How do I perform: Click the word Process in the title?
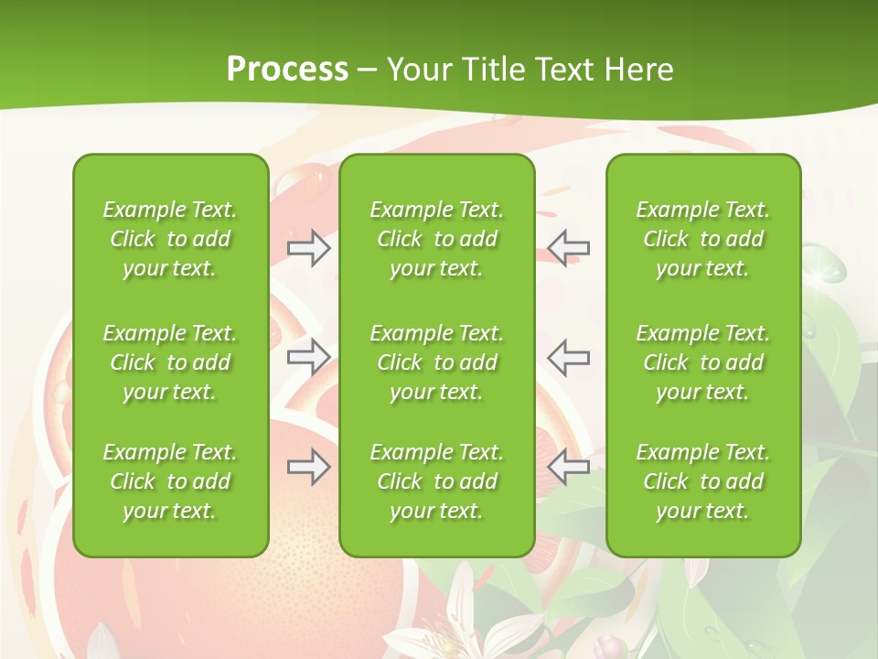click(x=287, y=70)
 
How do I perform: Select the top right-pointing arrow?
click(x=309, y=248)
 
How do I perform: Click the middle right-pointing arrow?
click(x=309, y=357)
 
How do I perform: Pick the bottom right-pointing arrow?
click(x=309, y=467)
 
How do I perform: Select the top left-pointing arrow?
click(x=569, y=248)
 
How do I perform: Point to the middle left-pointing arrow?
click(x=569, y=357)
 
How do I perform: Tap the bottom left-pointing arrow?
click(x=569, y=467)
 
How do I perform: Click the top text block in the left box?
click(x=170, y=239)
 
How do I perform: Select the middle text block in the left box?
click(x=170, y=362)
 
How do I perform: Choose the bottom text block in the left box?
click(x=170, y=481)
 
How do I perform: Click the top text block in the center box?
click(x=437, y=239)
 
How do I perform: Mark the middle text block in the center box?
click(x=437, y=362)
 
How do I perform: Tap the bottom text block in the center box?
click(x=437, y=481)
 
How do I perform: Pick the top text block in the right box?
click(x=703, y=239)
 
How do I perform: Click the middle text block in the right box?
click(x=703, y=362)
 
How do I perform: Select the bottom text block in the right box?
click(x=703, y=481)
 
